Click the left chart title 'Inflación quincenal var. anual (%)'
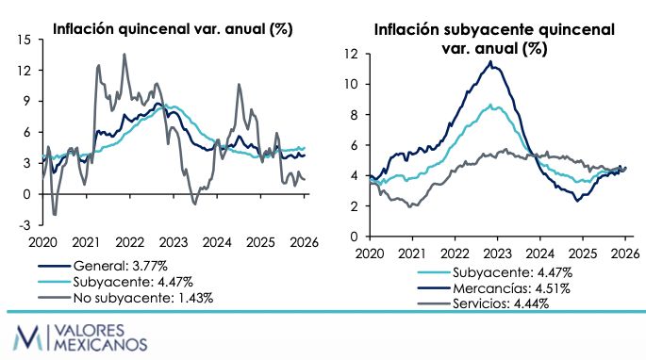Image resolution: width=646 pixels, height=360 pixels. click(x=173, y=29)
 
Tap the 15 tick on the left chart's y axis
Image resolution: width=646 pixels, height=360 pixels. click(x=25, y=40)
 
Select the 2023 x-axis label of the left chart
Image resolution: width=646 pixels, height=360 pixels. click(x=174, y=242)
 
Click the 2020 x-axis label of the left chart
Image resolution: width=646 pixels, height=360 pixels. click(x=42, y=242)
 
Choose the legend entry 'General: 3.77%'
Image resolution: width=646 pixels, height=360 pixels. click(x=121, y=266)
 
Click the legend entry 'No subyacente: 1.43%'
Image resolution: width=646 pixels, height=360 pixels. click(x=143, y=298)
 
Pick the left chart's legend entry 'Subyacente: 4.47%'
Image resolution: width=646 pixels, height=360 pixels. click(x=133, y=282)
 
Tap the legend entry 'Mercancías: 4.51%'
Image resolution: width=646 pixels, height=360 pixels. click(x=511, y=288)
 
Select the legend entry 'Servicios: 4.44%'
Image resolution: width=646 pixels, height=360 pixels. click(x=501, y=304)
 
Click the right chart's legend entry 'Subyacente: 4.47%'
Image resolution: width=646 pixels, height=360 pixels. click(x=512, y=272)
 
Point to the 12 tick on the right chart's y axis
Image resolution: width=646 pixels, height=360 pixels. click(x=352, y=54)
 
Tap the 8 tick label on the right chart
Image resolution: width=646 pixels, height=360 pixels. click(x=355, y=115)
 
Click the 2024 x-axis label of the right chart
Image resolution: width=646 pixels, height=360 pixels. click(x=540, y=254)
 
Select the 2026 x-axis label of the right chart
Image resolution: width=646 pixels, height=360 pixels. click(x=625, y=254)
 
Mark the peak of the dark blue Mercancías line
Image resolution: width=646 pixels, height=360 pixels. click(x=490, y=62)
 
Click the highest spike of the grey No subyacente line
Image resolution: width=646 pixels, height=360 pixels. click(x=124, y=54)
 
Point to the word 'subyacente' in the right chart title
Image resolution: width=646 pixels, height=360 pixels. click(x=490, y=30)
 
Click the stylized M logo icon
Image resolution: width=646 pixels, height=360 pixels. click(x=27, y=337)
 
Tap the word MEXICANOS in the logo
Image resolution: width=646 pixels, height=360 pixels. click(x=101, y=344)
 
